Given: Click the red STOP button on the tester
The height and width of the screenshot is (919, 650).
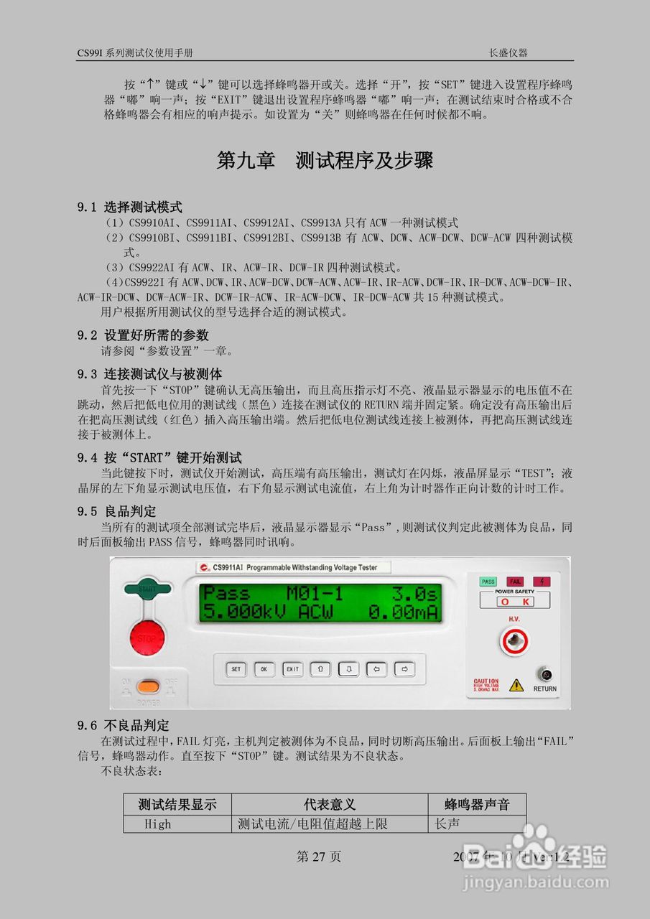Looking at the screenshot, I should [x=147, y=637].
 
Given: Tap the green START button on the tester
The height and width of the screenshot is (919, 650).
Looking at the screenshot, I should [x=147, y=589].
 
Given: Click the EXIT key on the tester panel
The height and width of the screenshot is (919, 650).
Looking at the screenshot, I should [x=292, y=669].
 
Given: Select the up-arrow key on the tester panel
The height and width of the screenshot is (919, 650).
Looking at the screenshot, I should [x=320, y=669].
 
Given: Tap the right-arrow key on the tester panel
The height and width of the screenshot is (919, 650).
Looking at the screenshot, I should [x=405, y=669].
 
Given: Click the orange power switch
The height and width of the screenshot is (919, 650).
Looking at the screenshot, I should [x=149, y=686].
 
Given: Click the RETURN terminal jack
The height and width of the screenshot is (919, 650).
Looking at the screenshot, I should [x=546, y=675].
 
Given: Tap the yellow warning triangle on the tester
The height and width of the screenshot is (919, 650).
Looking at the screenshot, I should [x=516, y=685].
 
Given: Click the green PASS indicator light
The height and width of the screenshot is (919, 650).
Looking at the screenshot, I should [x=488, y=582].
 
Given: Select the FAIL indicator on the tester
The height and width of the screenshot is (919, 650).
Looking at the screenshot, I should [x=515, y=582].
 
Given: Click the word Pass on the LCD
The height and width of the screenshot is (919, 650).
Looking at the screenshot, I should [x=227, y=594].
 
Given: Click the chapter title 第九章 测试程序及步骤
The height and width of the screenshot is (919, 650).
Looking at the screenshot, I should [x=325, y=161].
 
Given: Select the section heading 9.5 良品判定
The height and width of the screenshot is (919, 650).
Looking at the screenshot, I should [x=117, y=511].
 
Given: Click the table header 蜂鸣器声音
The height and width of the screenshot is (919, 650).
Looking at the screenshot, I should [x=478, y=804].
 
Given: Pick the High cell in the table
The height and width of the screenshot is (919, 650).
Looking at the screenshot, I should [x=157, y=824].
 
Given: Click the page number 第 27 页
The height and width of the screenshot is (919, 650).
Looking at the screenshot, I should [x=319, y=857].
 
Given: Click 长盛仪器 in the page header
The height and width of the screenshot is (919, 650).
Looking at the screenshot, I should [x=508, y=53].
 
